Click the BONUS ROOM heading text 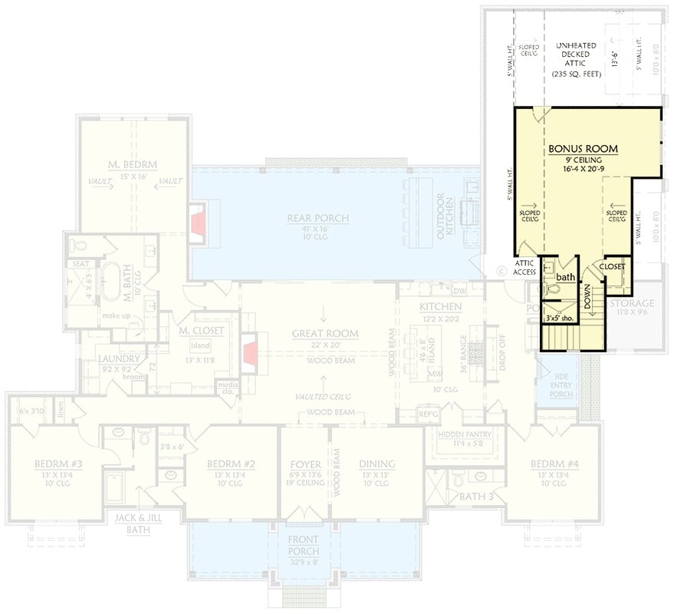coord(583,148)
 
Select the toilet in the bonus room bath coord(549,289)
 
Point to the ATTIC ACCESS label coord(525,266)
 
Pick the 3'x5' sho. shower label coord(557,317)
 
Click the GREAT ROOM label coord(324,333)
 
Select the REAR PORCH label coord(317,219)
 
